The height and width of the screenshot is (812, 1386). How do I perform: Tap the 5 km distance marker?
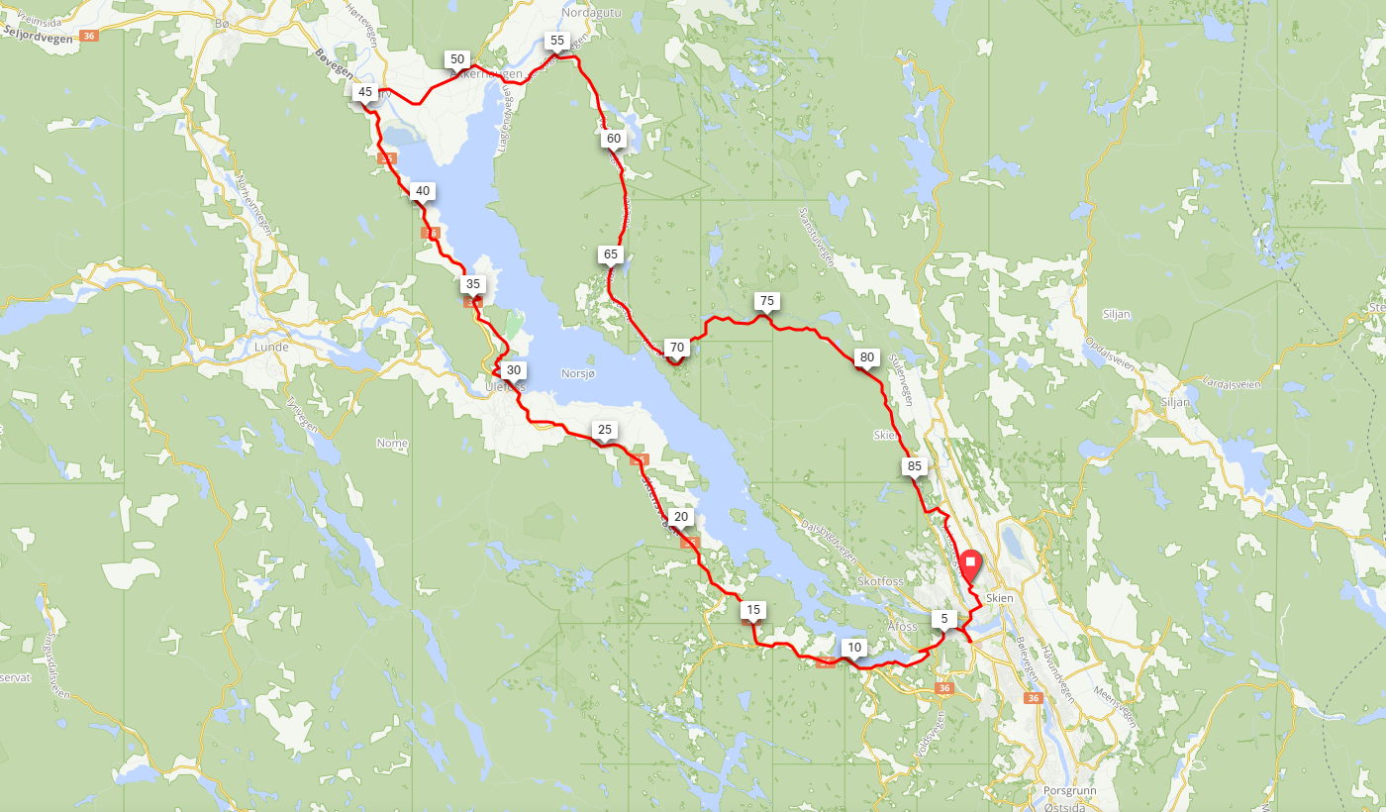tap(944, 620)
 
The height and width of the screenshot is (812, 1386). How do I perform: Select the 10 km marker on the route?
tap(853, 648)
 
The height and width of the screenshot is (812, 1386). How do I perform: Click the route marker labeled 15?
tap(753, 610)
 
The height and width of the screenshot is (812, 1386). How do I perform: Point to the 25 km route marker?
tap(605, 430)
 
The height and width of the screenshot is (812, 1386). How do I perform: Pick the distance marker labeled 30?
tap(513, 370)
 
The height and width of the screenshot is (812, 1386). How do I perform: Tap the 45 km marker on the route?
tap(365, 92)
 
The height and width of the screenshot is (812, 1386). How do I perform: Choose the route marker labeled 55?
tap(556, 41)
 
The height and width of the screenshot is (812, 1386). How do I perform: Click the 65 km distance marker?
tap(610, 254)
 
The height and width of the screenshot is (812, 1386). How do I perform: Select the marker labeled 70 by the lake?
tap(676, 348)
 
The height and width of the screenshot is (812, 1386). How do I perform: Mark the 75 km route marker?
tap(764, 300)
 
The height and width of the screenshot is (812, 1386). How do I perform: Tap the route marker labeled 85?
tap(914, 465)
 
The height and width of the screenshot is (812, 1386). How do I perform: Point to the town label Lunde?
tap(270, 348)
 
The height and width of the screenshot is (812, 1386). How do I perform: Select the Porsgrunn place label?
tap(1065, 791)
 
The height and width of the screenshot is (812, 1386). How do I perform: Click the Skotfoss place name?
tap(881, 581)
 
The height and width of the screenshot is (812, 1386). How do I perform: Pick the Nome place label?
tap(392, 444)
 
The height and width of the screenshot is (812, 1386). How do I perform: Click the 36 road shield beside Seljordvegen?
tap(90, 36)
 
